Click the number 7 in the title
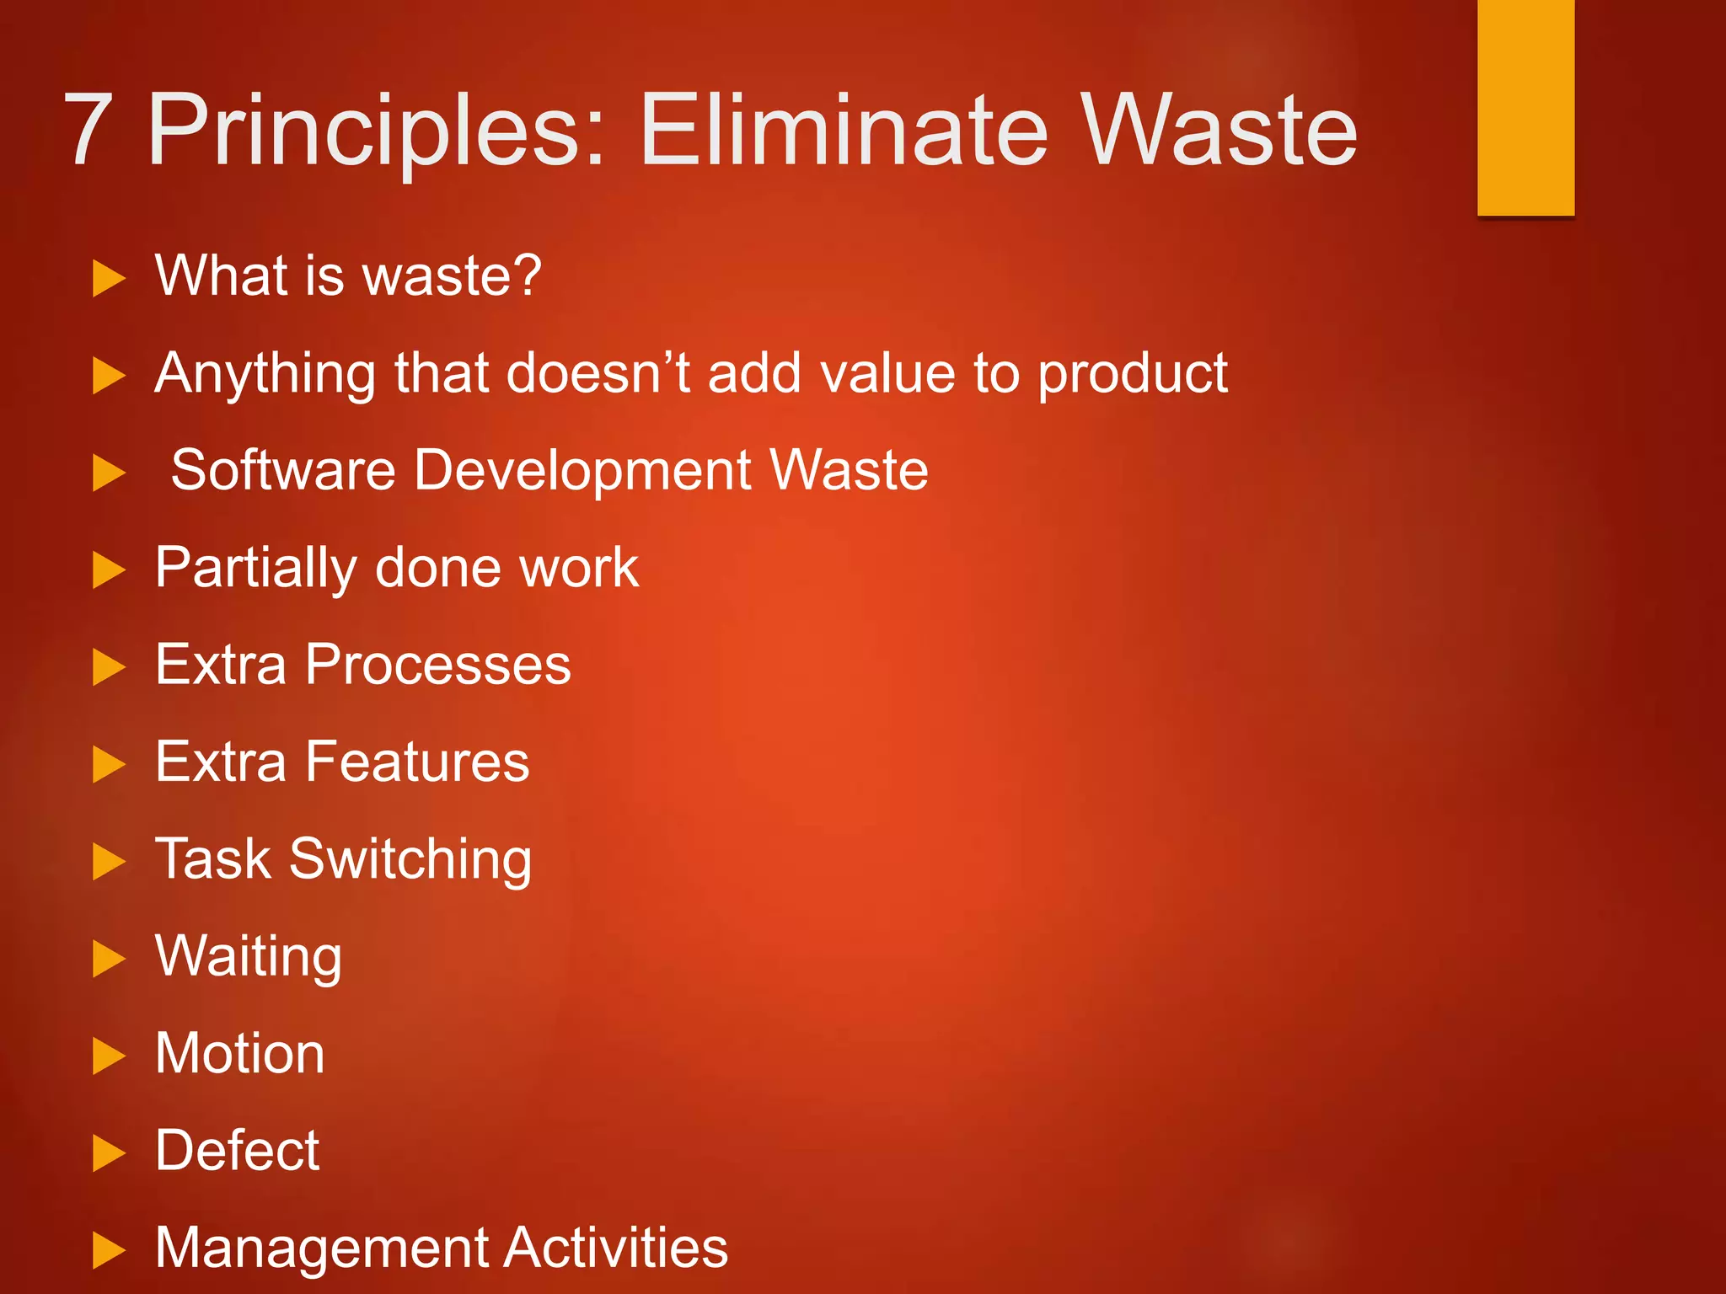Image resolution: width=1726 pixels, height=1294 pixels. pyautogui.click(x=88, y=131)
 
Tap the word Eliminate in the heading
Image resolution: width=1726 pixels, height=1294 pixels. pyautogui.click(x=843, y=131)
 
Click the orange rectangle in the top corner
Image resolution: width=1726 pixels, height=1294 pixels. pyautogui.click(x=1525, y=107)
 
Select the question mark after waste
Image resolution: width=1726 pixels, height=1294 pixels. pyautogui.click(x=527, y=275)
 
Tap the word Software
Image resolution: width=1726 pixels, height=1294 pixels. pyautogui.click(x=283, y=470)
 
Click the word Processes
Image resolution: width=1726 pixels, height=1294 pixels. pyautogui.click(x=438, y=665)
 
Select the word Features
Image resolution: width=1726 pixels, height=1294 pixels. pyautogui.click(x=417, y=762)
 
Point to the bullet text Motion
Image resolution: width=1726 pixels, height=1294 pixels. pyautogui.click(x=240, y=1054)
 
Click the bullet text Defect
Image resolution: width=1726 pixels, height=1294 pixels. pyautogui.click(x=238, y=1151)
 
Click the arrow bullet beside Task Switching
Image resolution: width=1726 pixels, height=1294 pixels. pyautogui.click(x=108, y=862)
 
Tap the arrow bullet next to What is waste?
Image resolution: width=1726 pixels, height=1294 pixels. pyautogui.click(x=108, y=279)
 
